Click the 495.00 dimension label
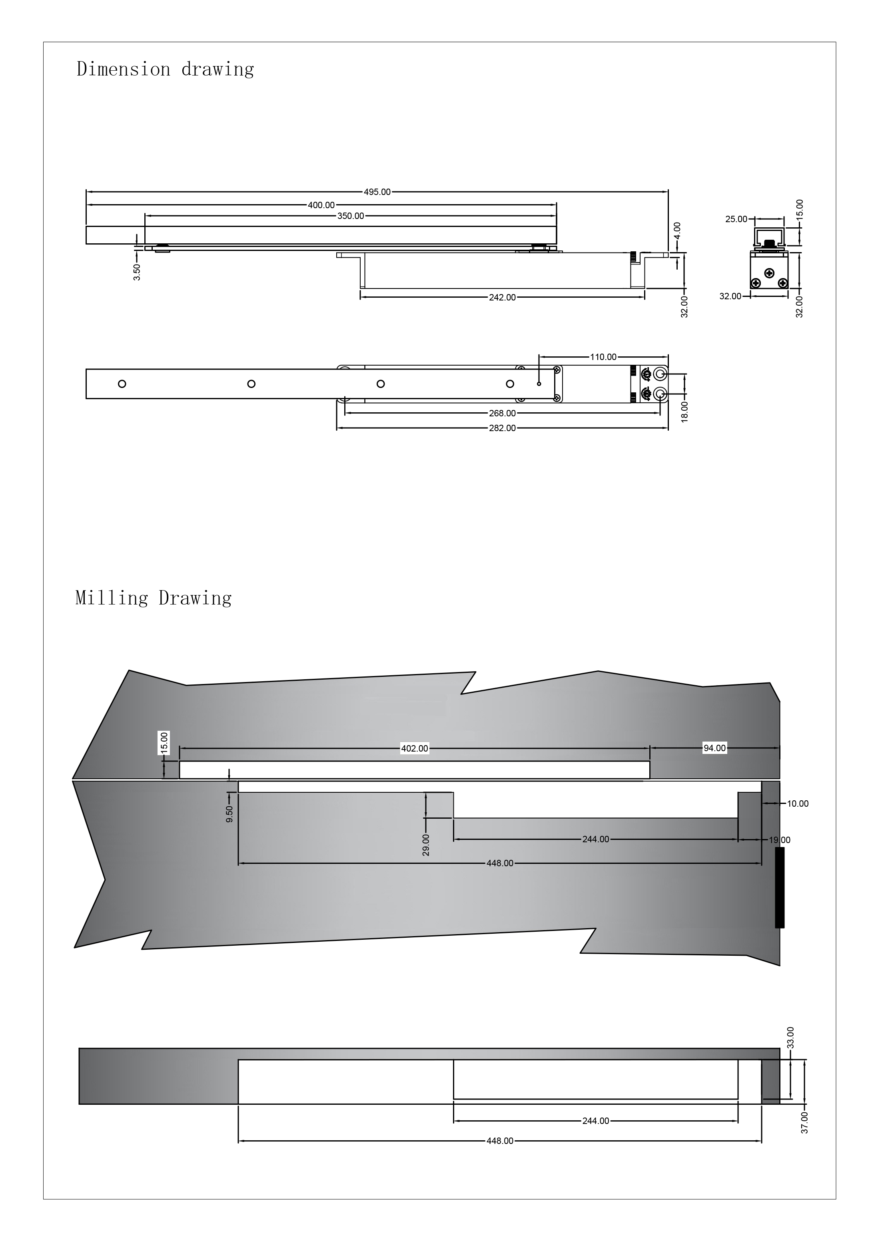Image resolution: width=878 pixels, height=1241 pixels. (377, 192)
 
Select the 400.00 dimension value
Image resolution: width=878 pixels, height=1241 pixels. (321, 205)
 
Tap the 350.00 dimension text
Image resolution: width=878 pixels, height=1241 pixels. (351, 216)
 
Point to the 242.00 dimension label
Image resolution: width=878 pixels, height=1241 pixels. (503, 297)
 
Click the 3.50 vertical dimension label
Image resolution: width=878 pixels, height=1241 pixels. (137, 272)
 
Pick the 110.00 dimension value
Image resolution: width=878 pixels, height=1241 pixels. (603, 357)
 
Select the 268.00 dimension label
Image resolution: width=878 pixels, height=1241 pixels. (503, 414)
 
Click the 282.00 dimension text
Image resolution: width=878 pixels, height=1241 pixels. (503, 428)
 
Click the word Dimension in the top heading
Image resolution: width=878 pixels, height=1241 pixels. (123, 69)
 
